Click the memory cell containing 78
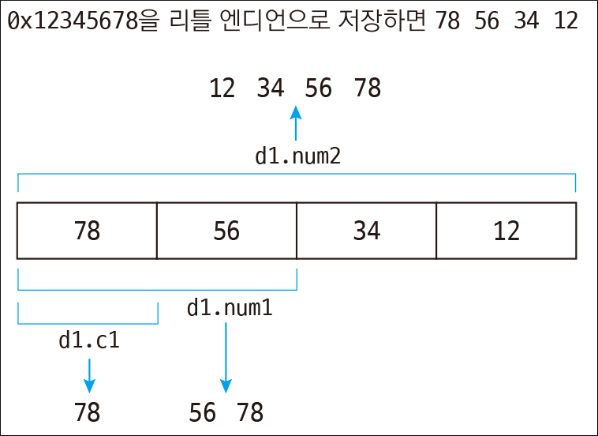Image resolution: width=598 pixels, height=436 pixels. point(87,231)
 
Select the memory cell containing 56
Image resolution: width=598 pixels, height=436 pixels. point(226,231)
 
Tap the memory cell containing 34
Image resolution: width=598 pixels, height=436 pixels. point(366,231)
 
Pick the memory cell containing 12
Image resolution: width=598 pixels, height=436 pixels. point(506,231)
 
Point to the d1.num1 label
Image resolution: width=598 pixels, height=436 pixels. point(230,308)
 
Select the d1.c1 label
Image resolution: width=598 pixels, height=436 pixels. point(89,340)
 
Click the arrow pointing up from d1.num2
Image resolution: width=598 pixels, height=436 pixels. point(297,124)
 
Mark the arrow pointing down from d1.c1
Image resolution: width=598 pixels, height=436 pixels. point(89,375)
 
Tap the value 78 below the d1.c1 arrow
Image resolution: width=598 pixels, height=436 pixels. point(88,412)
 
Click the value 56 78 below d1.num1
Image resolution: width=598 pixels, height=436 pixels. point(226,412)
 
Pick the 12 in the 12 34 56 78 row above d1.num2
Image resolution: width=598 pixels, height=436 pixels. point(222,88)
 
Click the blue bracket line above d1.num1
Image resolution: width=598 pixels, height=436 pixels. point(157,289)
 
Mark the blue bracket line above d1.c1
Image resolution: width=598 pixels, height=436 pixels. point(88,322)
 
